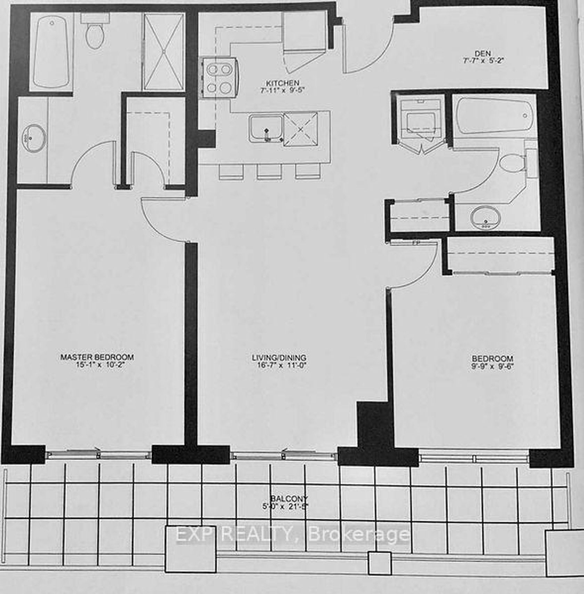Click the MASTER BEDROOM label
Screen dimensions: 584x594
coord(97,357)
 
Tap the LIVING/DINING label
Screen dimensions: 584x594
coord(279,358)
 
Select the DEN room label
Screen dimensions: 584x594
coord(483,54)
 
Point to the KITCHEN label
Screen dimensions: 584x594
coord(283,83)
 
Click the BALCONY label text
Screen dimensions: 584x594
coord(289,499)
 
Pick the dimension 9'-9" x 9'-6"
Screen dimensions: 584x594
coord(492,366)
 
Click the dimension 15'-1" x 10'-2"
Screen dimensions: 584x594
coord(100,365)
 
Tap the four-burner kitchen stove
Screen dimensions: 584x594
coord(219,78)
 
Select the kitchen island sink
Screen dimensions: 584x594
coord(266,129)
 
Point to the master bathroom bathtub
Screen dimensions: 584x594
coord(51,52)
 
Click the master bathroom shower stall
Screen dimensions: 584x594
coord(163,52)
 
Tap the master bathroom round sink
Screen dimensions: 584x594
coord(34,138)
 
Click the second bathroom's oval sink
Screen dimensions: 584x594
coord(486,218)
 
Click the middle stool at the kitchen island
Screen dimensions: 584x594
coord(269,172)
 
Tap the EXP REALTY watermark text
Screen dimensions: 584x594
coord(293,534)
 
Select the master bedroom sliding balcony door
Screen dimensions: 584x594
coord(98,454)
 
